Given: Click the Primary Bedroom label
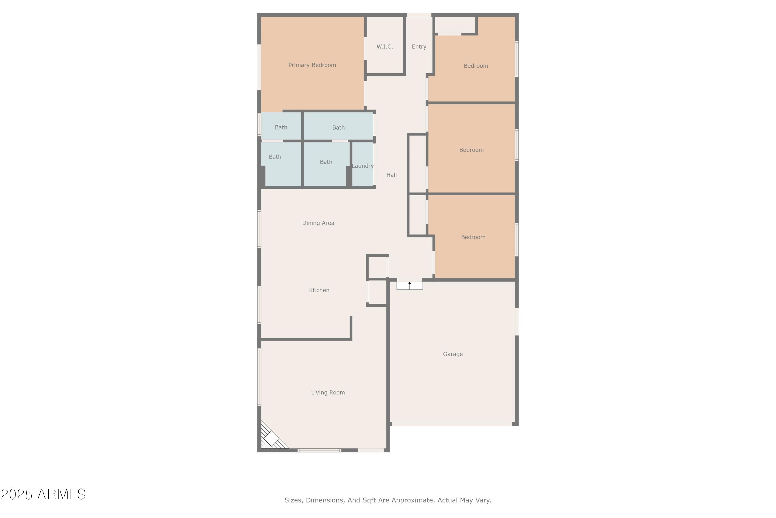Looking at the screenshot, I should pos(312,65).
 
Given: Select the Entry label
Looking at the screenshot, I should pos(419,47).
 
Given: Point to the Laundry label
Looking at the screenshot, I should pos(363,166).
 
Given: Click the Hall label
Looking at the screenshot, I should pos(392,175).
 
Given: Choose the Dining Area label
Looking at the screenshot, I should pos(318,223).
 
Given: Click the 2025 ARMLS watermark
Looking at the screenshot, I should pos(43,494).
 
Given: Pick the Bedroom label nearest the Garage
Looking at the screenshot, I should pos(473,237).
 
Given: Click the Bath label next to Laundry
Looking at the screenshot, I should pos(326,162).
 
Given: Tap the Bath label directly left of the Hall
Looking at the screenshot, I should pos(339,127).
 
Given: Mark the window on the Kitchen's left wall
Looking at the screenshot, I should pos(259,305).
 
